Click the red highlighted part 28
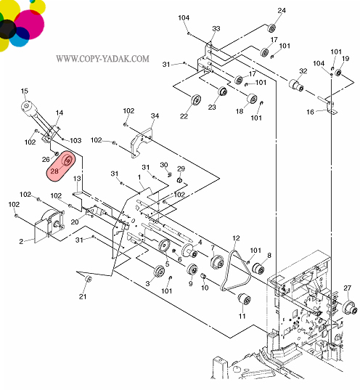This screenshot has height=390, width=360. coord(62,165)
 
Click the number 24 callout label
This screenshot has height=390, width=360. coord(282,10)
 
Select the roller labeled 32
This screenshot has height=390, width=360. coord(295,86)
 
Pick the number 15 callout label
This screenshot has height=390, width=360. coord(25,91)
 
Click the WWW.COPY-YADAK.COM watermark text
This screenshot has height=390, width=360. coord(102,58)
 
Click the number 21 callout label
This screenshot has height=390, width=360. coord(83,296)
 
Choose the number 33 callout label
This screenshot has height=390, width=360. coord(216,28)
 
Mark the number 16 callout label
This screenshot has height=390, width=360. coord(310,112)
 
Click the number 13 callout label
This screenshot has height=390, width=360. coord(76,178)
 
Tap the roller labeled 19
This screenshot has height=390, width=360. coord(337,71)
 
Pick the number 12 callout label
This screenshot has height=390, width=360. coord(235,238)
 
